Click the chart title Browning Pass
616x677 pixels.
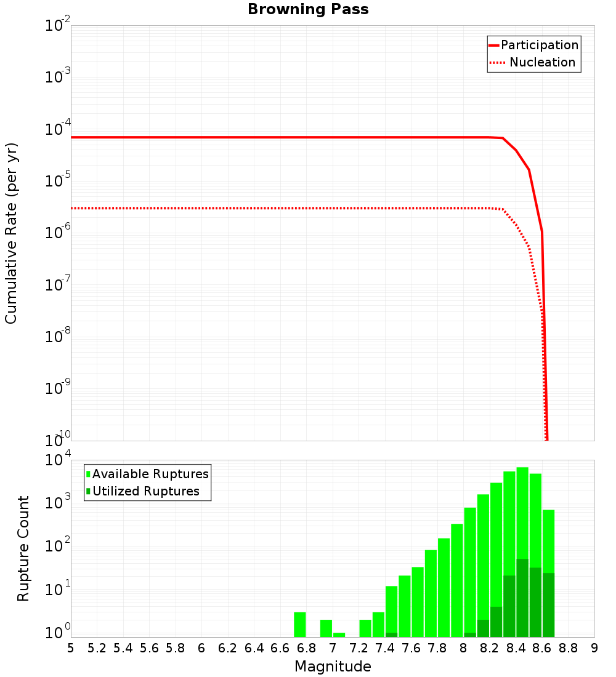(308, 9)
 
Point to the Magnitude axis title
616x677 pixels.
(333, 666)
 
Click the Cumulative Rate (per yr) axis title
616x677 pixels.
(11, 233)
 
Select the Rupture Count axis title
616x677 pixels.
(23, 548)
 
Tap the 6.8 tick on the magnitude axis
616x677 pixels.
(306, 647)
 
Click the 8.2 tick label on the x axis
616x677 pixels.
(490, 647)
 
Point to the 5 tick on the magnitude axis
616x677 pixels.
(71, 647)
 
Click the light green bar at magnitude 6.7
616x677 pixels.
(300, 624)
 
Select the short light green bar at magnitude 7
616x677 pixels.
(339, 635)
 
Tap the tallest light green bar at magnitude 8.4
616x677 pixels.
(522, 511)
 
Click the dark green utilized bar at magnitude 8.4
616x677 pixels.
(522, 597)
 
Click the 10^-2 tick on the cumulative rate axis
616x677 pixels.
(58, 26)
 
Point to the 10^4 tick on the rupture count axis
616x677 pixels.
(58, 461)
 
